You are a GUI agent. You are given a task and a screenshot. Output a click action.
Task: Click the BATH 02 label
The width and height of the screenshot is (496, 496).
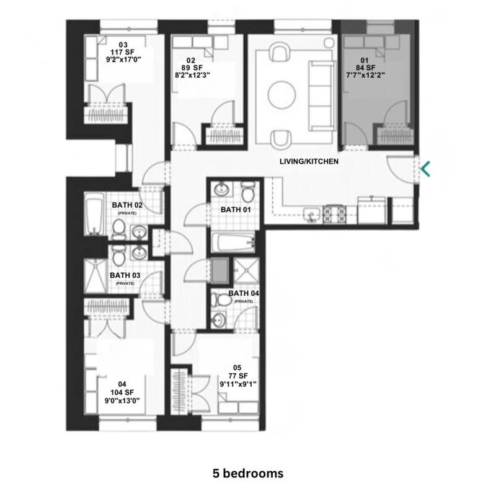(129, 205)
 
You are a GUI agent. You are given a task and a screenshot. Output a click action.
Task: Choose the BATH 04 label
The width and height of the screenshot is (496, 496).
(245, 294)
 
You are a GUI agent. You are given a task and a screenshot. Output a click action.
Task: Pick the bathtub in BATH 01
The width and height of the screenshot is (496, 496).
(233, 242)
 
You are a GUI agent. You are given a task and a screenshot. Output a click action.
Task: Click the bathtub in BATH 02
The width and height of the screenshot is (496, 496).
(94, 215)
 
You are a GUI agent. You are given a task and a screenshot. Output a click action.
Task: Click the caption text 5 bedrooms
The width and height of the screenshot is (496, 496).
(247, 473)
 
